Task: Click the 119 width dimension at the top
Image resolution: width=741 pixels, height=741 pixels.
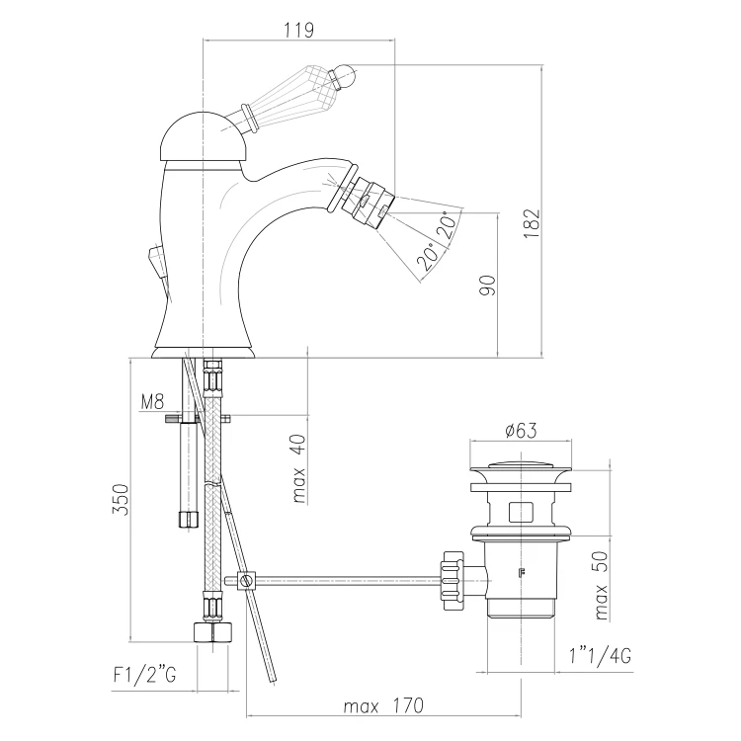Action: [298, 30]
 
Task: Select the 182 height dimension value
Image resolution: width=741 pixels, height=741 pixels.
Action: [532, 223]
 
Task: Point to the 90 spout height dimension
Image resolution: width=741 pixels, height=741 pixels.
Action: [488, 286]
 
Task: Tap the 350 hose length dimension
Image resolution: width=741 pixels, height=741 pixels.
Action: [120, 500]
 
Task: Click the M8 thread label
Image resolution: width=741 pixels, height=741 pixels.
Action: [152, 402]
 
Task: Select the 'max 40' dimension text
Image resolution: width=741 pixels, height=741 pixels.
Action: [299, 468]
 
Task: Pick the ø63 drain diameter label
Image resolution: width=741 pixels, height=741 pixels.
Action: [521, 431]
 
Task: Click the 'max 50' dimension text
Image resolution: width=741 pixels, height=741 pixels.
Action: [601, 586]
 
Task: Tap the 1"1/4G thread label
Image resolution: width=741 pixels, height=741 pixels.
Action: [600, 655]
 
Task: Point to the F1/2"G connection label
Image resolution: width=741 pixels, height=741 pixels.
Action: [144, 675]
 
